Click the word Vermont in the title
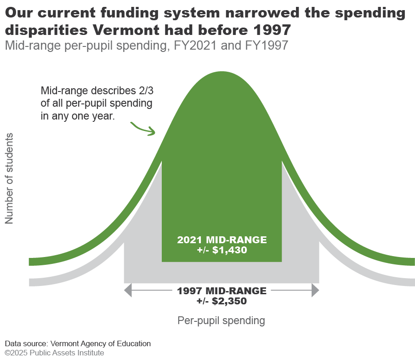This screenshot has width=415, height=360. (126, 29)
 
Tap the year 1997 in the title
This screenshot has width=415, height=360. (273, 29)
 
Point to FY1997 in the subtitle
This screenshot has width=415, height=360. (267, 45)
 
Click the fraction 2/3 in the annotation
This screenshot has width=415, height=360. (146, 91)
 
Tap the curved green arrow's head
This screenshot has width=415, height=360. (153, 131)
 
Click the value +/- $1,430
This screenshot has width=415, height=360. (222, 250)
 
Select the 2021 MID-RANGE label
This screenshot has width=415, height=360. (222, 240)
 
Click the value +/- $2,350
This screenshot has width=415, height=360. (222, 301)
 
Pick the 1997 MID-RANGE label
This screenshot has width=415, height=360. (222, 291)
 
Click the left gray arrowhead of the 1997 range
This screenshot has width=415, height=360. (128, 290)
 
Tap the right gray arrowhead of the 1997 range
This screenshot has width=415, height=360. (315, 290)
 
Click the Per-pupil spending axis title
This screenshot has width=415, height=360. (221, 320)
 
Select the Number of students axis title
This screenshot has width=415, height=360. (9, 178)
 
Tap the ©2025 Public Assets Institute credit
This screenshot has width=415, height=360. (54, 353)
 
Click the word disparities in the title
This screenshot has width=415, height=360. (46, 29)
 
